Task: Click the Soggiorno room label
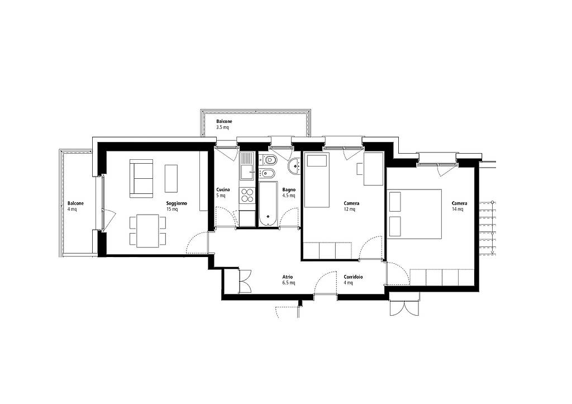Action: pyautogui.click(x=177, y=203)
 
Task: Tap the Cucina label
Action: pyautogui.click(x=223, y=190)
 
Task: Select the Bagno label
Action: pyautogui.click(x=289, y=190)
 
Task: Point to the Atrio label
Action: pyautogui.click(x=288, y=277)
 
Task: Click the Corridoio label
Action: pyautogui.click(x=353, y=277)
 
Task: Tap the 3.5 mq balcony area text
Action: pyautogui.click(x=222, y=128)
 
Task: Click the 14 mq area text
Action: pyautogui.click(x=457, y=210)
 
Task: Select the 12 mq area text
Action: pyautogui.click(x=350, y=210)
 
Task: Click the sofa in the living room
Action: pyautogui.click(x=141, y=178)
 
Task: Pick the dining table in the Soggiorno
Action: pyautogui.click(x=147, y=231)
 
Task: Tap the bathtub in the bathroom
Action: pyautogui.click(x=268, y=203)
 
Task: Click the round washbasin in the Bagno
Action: pyautogui.click(x=294, y=167)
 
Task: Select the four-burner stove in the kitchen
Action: pyautogui.click(x=247, y=195)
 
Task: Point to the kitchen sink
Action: pyautogui.click(x=247, y=166)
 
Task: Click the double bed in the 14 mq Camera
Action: pyautogui.click(x=414, y=214)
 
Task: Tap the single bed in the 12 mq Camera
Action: pyautogui.click(x=317, y=180)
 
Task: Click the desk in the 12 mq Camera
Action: pyautogui.click(x=374, y=169)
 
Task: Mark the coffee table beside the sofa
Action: pyautogui.click(x=171, y=178)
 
